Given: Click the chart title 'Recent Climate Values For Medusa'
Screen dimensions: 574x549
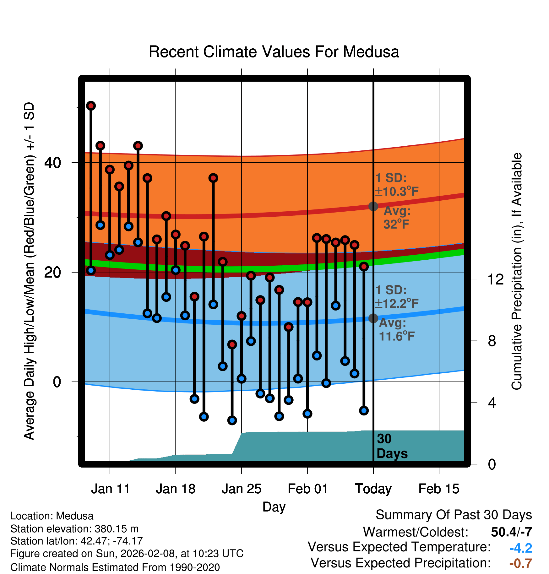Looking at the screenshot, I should [x=274, y=52].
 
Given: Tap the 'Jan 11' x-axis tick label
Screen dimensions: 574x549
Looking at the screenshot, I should [x=110, y=489].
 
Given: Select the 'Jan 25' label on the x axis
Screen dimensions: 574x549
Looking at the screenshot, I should [x=241, y=489].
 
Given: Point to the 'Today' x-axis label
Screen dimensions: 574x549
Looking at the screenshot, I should [x=373, y=489].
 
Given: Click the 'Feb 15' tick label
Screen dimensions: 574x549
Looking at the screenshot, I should [x=439, y=489].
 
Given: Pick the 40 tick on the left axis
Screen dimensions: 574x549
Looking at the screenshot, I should [x=52, y=163].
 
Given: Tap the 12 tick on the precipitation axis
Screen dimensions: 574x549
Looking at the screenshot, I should [x=496, y=279].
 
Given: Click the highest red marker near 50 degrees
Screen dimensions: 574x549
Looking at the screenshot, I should [x=91, y=106].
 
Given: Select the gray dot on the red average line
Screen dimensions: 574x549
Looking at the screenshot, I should [x=373, y=206].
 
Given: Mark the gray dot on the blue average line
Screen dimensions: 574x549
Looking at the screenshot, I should [x=373, y=318].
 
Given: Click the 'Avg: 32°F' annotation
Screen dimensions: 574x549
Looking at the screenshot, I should [x=397, y=218].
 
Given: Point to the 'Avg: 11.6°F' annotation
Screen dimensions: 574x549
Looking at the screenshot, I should [x=396, y=330].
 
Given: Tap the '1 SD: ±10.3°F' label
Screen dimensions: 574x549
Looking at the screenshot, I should [x=397, y=185].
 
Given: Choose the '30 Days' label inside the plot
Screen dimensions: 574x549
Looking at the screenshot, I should [x=392, y=446].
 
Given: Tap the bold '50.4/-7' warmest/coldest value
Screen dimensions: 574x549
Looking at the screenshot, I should [x=511, y=532].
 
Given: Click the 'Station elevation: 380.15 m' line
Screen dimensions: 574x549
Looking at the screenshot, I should [x=74, y=529].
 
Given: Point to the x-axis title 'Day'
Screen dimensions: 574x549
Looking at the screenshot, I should [x=274, y=507].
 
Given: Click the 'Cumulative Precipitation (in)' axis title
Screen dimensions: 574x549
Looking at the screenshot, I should [x=517, y=271].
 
